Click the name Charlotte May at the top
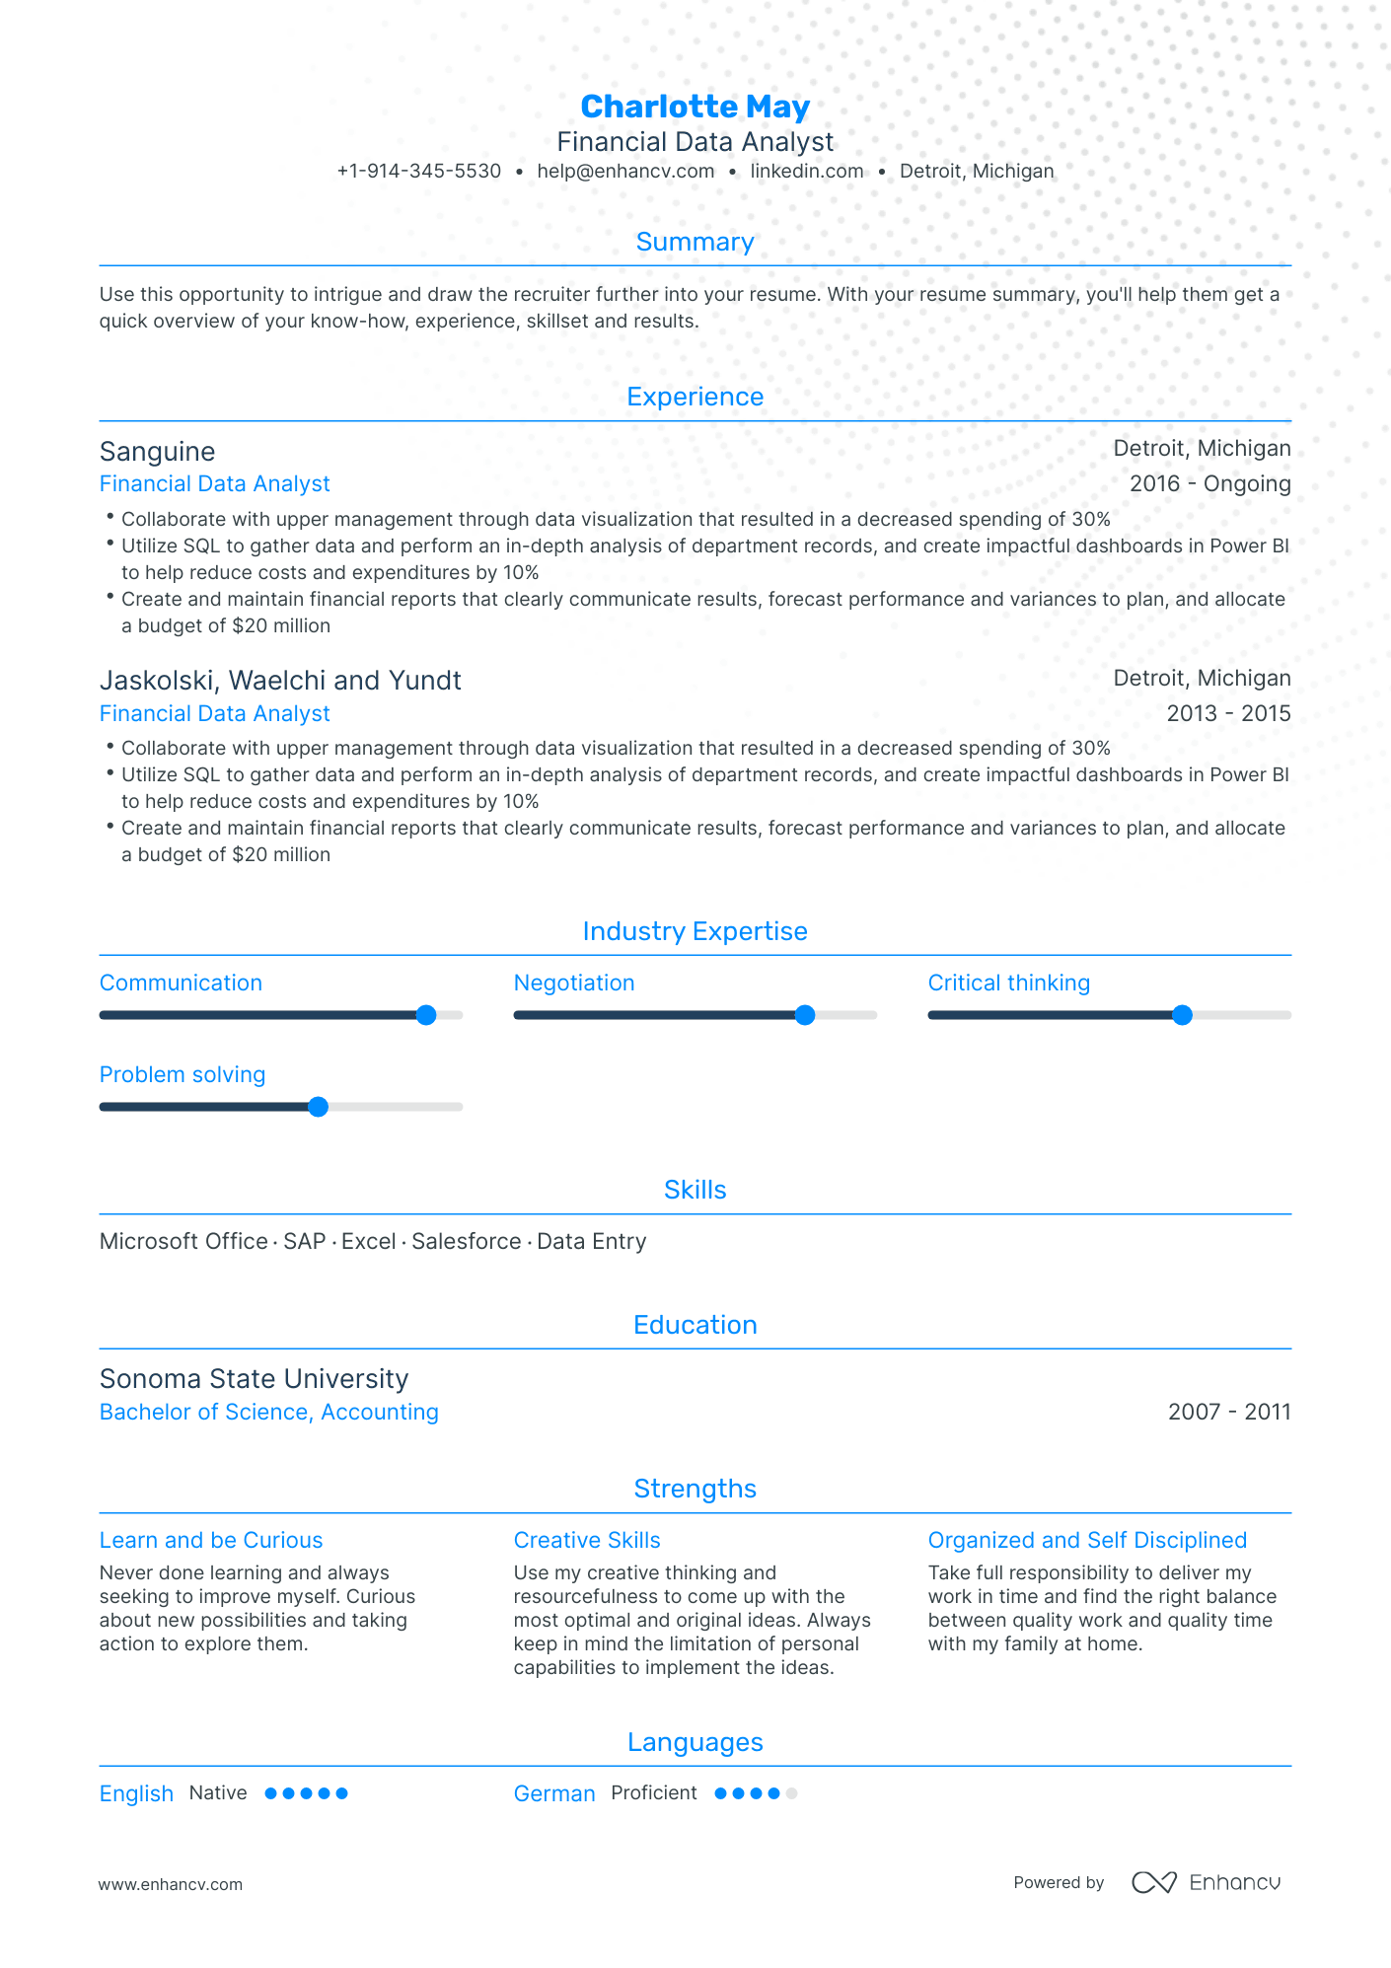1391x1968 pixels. tap(695, 107)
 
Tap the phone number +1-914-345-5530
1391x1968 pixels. tap(419, 171)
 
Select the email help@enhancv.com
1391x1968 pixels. tap(625, 171)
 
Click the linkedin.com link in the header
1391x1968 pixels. tap(806, 171)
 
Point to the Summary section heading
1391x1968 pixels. tap(695, 242)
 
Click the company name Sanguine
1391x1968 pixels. tap(157, 452)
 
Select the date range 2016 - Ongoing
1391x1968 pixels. tap(1209, 483)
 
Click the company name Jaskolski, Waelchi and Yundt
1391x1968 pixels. tap(280, 681)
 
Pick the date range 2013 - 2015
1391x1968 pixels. tap(1228, 713)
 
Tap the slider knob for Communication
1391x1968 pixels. tap(426, 1015)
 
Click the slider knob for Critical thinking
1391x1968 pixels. tap(1182, 1015)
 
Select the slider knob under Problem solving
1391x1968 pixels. tap(318, 1107)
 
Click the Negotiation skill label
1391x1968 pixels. tap(573, 983)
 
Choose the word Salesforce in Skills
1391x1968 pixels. tap(466, 1241)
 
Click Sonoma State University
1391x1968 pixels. tap(254, 1379)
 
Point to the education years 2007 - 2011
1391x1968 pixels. tap(1228, 1412)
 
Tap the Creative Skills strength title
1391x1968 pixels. tap(587, 1540)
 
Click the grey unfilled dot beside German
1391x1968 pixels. tap(791, 1793)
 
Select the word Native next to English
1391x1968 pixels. tap(218, 1792)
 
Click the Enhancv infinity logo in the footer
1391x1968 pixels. tap(1153, 1882)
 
